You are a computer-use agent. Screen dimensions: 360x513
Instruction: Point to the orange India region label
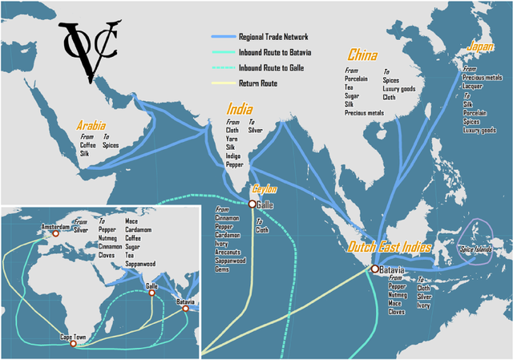click(x=240, y=109)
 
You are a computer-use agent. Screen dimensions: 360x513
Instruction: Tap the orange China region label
click(x=362, y=55)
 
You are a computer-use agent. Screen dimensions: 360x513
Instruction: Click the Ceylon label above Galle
click(x=265, y=189)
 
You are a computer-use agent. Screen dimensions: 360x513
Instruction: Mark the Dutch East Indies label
click(x=390, y=248)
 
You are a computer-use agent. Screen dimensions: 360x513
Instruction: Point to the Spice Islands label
click(x=478, y=250)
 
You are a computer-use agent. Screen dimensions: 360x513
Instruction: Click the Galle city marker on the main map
click(x=252, y=204)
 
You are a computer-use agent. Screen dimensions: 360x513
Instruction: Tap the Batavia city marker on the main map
click(x=374, y=269)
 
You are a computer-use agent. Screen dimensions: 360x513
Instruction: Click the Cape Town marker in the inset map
click(x=73, y=344)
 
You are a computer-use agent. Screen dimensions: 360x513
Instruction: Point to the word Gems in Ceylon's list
click(x=222, y=270)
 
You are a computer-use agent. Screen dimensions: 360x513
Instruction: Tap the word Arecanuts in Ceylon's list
click(x=229, y=253)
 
